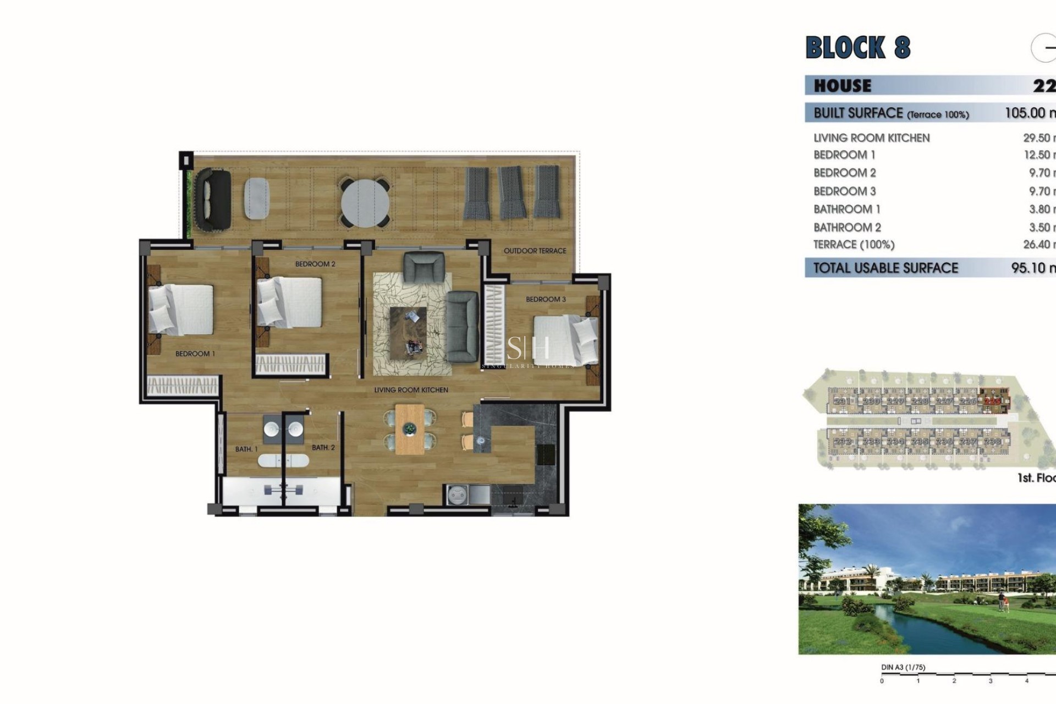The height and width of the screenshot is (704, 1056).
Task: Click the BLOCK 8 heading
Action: pos(857,47)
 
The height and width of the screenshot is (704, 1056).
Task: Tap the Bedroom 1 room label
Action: pos(195,354)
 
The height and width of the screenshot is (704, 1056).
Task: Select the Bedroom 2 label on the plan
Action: pos(315,264)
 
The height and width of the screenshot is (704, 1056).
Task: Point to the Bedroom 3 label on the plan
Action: pos(546,299)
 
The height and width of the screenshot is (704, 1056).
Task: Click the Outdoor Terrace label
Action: pos(535,251)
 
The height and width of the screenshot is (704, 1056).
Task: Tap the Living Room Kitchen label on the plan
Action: pos(411,390)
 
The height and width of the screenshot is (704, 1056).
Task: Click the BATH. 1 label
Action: pos(246,449)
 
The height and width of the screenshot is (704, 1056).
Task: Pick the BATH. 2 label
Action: pos(323,448)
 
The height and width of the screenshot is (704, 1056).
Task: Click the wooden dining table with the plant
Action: pos(410,429)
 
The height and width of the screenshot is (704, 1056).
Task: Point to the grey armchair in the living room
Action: pos(424,268)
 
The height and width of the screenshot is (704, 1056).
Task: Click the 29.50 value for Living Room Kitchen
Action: pos(1037,138)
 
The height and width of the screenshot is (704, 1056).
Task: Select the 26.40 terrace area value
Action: pos(1037,244)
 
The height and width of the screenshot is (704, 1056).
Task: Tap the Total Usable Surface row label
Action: pos(886,268)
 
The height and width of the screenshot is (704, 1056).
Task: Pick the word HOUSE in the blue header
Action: pos(842,86)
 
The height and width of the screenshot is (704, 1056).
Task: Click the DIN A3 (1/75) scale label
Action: pos(903,667)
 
